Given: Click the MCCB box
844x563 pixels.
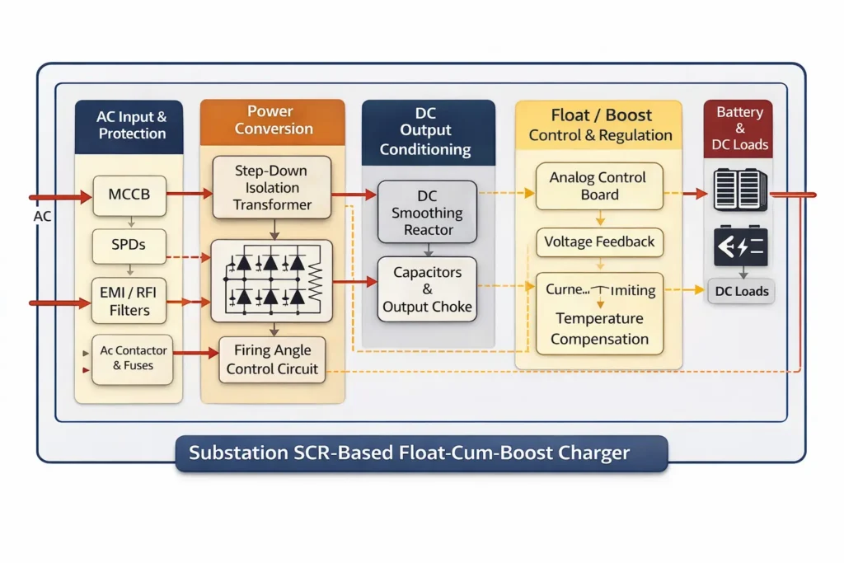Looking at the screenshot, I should (x=130, y=196).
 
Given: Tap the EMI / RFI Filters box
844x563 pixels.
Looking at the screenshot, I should (x=130, y=301).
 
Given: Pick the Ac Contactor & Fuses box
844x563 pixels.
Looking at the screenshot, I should (x=133, y=359).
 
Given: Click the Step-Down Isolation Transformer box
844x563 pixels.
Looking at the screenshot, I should (x=272, y=188).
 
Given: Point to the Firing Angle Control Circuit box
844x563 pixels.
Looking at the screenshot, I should (x=272, y=359).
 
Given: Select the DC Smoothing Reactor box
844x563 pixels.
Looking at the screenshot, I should (x=428, y=213).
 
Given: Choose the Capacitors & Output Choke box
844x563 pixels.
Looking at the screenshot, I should (x=428, y=289).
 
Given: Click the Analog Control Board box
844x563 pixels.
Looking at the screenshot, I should (x=599, y=186).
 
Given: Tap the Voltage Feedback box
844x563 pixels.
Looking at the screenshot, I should (x=599, y=242).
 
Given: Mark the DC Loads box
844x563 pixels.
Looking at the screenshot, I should (x=741, y=292).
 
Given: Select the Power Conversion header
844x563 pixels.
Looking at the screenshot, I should (x=273, y=120).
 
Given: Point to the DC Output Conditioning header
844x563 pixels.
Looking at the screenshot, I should (x=427, y=131).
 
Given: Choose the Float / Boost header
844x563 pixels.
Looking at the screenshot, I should (x=600, y=124).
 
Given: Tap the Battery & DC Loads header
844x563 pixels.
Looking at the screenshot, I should (x=739, y=129).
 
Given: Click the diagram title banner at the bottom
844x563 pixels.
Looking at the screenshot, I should (x=421, y=453).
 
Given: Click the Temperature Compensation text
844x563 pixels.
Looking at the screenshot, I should (x=599, y=329).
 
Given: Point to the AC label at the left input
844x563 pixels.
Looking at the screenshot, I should (x=42, y=216).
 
